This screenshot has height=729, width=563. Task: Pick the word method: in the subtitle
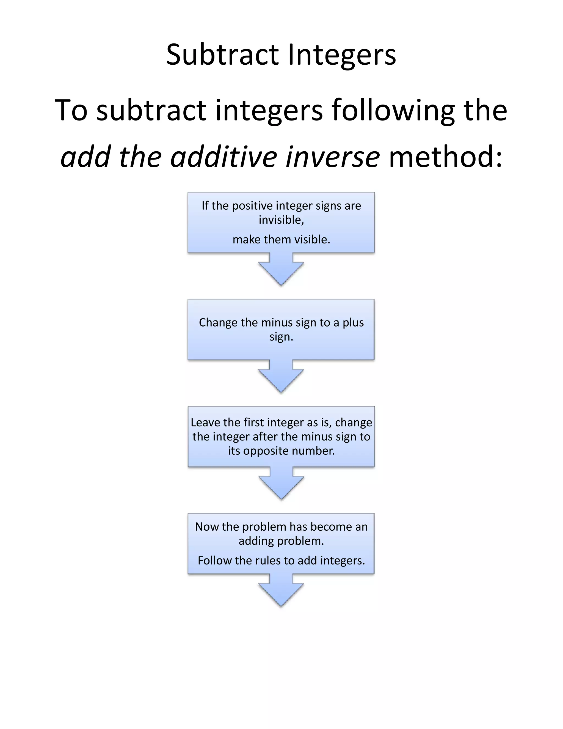[x=446, y=157]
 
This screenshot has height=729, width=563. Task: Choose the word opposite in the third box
[x=263, y=451]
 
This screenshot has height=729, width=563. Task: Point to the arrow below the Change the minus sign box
[x=281, y=377]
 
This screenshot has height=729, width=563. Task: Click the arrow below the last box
[x=281, y=591]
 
